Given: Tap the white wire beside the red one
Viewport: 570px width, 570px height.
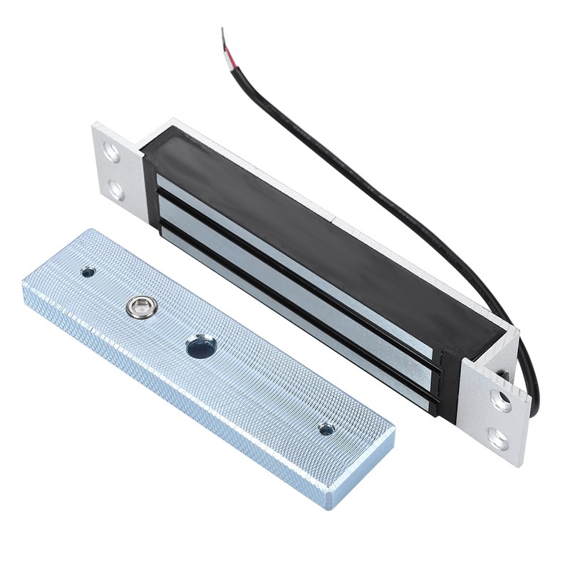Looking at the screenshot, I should pos(231,45).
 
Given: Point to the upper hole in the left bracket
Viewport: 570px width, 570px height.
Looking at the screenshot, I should pos(112,151).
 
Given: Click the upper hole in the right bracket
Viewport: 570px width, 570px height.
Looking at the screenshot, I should pos(501,401).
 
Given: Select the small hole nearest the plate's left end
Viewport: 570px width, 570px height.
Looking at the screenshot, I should pos(88,271).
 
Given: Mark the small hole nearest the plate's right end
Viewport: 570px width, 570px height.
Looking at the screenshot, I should pos(326,429).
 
